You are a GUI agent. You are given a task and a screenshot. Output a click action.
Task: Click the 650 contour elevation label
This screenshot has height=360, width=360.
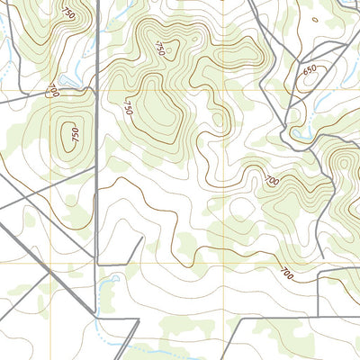(310, 70)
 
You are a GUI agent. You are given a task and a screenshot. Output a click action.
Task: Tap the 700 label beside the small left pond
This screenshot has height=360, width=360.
(53, 90)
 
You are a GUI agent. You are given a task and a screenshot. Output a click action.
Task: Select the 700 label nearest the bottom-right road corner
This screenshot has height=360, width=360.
(286, 272)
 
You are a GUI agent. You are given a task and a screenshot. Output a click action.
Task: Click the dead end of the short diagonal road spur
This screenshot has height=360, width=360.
(139, 240)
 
